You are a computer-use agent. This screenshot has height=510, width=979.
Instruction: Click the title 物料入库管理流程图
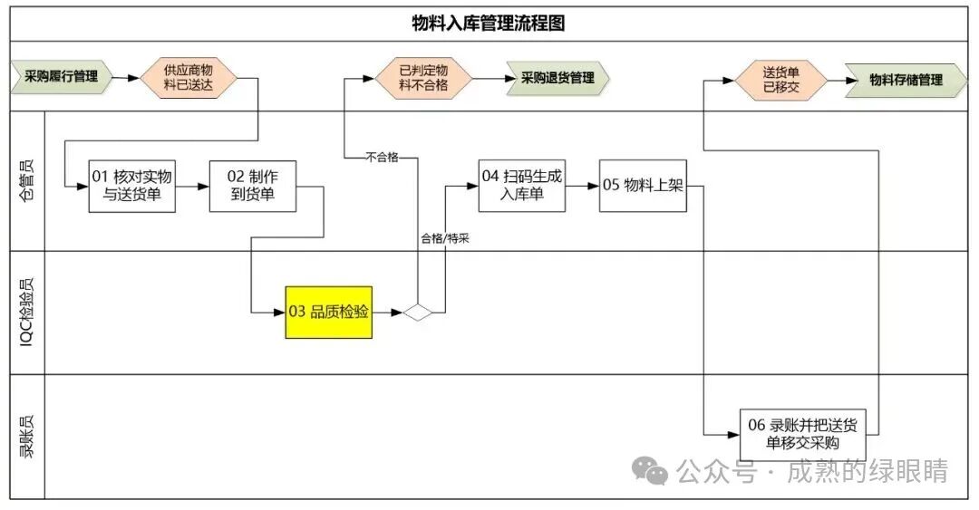coord(489,24)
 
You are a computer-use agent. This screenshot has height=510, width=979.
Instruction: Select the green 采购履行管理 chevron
coord(62,77)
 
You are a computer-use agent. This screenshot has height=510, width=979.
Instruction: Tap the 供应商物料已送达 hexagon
coord(188,78)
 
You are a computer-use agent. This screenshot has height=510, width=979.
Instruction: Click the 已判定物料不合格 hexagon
coord(424,78)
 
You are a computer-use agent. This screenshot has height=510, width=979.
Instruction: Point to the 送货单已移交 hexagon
coord(780,79)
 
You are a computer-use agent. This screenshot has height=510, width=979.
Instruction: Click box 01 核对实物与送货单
coord(132,186)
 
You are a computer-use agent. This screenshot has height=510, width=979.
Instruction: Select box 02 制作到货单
coord(253,186)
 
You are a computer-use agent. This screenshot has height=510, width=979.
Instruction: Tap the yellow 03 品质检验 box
coord(329,312)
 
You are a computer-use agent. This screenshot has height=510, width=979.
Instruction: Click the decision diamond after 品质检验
coord(419,313)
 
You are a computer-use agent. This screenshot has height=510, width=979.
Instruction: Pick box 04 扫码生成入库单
coord(521,185)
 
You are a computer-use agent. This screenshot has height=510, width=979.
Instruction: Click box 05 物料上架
coord(642,186)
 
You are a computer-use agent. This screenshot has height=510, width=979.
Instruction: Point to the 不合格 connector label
coord(382,158)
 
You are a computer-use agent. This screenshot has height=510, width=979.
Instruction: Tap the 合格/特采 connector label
coord(443,239)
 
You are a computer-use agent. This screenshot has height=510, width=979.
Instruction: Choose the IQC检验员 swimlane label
coord(28,313)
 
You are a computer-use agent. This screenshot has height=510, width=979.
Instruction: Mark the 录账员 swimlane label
coord(28,437)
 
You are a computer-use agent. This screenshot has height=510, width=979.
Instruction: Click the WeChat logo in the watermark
coord(651,470)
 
